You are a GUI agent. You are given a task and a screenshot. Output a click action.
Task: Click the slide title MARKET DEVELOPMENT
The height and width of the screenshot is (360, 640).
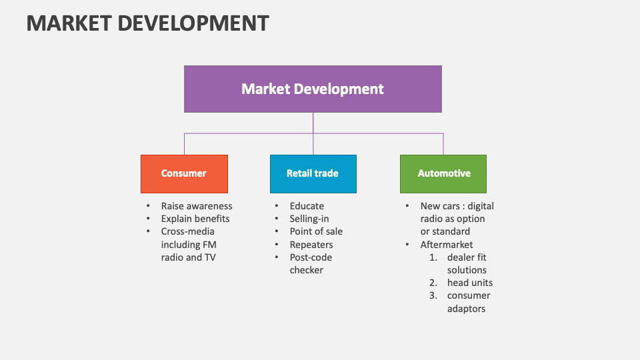point(147,23)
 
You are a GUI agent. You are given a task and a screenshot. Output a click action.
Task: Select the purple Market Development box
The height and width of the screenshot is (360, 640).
point(313,89)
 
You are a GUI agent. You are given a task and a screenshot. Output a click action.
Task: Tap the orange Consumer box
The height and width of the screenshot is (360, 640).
point(184,173)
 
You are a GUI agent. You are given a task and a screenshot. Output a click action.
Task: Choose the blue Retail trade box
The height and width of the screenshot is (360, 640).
point(313,173)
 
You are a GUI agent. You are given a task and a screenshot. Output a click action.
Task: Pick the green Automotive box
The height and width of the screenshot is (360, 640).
point(443,173)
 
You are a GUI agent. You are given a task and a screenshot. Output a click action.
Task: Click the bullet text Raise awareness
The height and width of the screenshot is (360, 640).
point(197,206)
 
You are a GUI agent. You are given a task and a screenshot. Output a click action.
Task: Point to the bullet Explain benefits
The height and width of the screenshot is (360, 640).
point(195,219)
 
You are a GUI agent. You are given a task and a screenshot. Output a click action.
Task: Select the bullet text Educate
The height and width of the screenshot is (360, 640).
point(307,206)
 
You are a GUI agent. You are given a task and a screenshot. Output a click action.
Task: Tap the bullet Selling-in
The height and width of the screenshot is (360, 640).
point(309,219)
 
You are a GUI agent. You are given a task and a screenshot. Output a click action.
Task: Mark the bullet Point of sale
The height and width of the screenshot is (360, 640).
point(316,231)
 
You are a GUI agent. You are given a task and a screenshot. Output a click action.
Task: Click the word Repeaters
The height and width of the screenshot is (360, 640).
point(311,245)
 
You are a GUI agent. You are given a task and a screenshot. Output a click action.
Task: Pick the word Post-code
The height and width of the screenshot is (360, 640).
point(311,257)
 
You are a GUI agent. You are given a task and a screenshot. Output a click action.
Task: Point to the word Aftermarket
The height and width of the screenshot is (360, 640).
point(447,245)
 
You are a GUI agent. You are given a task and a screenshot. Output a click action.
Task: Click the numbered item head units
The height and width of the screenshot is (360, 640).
point(470,283)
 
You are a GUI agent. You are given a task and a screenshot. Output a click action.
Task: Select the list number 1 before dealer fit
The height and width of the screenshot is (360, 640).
point(433,257)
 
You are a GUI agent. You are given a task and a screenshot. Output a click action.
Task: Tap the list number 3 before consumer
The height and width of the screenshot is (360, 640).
point(433,295)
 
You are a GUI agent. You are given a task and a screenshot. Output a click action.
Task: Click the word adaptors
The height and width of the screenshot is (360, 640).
point(466,309)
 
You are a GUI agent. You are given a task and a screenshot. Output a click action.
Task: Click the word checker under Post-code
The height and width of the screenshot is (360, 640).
point(307,270)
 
